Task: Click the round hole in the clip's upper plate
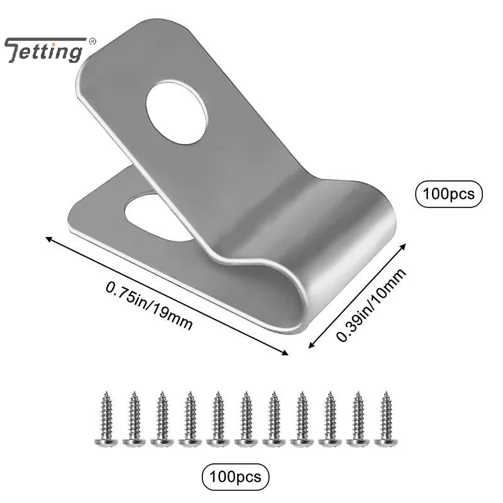(177, 111)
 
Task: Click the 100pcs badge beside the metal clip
(449, 194)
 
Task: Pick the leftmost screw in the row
(104, 418)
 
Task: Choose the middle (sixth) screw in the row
(245, 418)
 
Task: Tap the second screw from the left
(133, 418)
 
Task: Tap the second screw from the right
(356, 418)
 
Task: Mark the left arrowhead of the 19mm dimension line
(47, 238)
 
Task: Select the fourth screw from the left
(189, 418)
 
